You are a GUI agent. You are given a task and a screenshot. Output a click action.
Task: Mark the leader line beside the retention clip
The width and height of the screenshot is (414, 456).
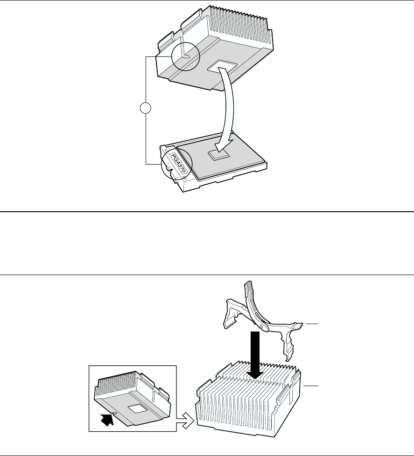(x=312, y=323)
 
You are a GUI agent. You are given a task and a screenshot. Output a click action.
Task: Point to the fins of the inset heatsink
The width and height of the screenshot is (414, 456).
(x=121, y=384)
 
